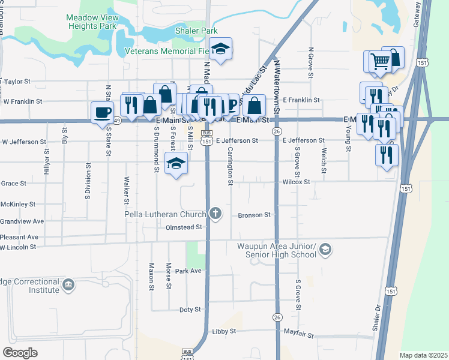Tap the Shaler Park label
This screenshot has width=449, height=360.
(196, 31)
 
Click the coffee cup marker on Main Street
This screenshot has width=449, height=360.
(103, 112)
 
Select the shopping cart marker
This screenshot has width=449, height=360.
(379, 61)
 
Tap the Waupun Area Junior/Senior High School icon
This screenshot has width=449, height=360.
(325, 249)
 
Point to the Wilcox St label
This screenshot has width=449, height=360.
(296, 182)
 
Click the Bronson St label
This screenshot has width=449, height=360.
(255, 214)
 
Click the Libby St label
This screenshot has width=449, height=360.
(224, 331)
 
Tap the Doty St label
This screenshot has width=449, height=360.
(190, 310)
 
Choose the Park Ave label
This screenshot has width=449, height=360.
(188, 271)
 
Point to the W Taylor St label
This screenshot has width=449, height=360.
(16, 80)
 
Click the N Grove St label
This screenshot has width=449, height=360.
(311, 63)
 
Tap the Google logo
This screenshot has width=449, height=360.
(20, 353)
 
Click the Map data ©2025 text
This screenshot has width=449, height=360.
(423, 355)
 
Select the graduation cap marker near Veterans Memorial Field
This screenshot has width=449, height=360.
(221, 49)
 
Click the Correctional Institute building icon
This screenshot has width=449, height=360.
(68, 283)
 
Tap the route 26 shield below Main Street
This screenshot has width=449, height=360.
(277, 131)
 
